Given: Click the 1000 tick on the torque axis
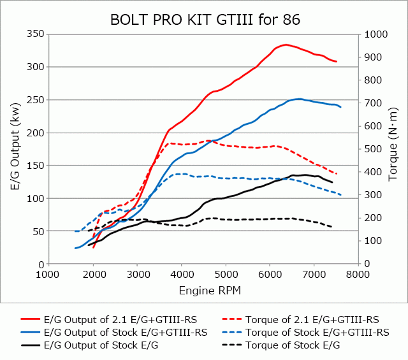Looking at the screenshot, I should pos(373,34).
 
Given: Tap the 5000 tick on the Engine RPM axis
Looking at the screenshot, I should pos(226,275).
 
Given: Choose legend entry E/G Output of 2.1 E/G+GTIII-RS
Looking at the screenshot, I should pos(120,319).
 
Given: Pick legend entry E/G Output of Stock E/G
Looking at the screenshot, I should pos(101,345).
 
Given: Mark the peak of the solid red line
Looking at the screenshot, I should pos(286,45).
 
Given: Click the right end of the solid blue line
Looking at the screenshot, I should pos(341,107).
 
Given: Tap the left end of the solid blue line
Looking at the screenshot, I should pos(75,248).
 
